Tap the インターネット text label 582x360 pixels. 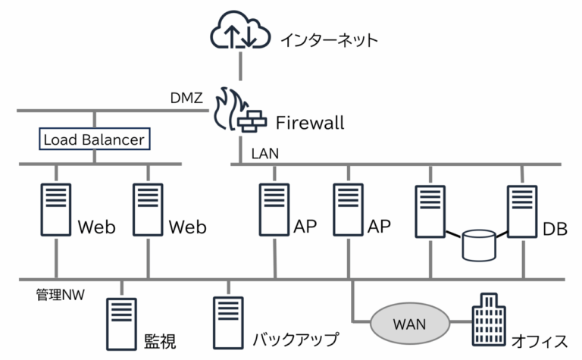[329, 39]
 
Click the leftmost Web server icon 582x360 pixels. [55, 209]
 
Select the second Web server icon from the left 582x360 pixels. [149, 209]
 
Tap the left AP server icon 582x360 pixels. [273, 209]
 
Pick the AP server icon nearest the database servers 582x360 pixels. [349, 209]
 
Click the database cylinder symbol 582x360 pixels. [478, 244]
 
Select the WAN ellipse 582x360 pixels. [409, 324]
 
